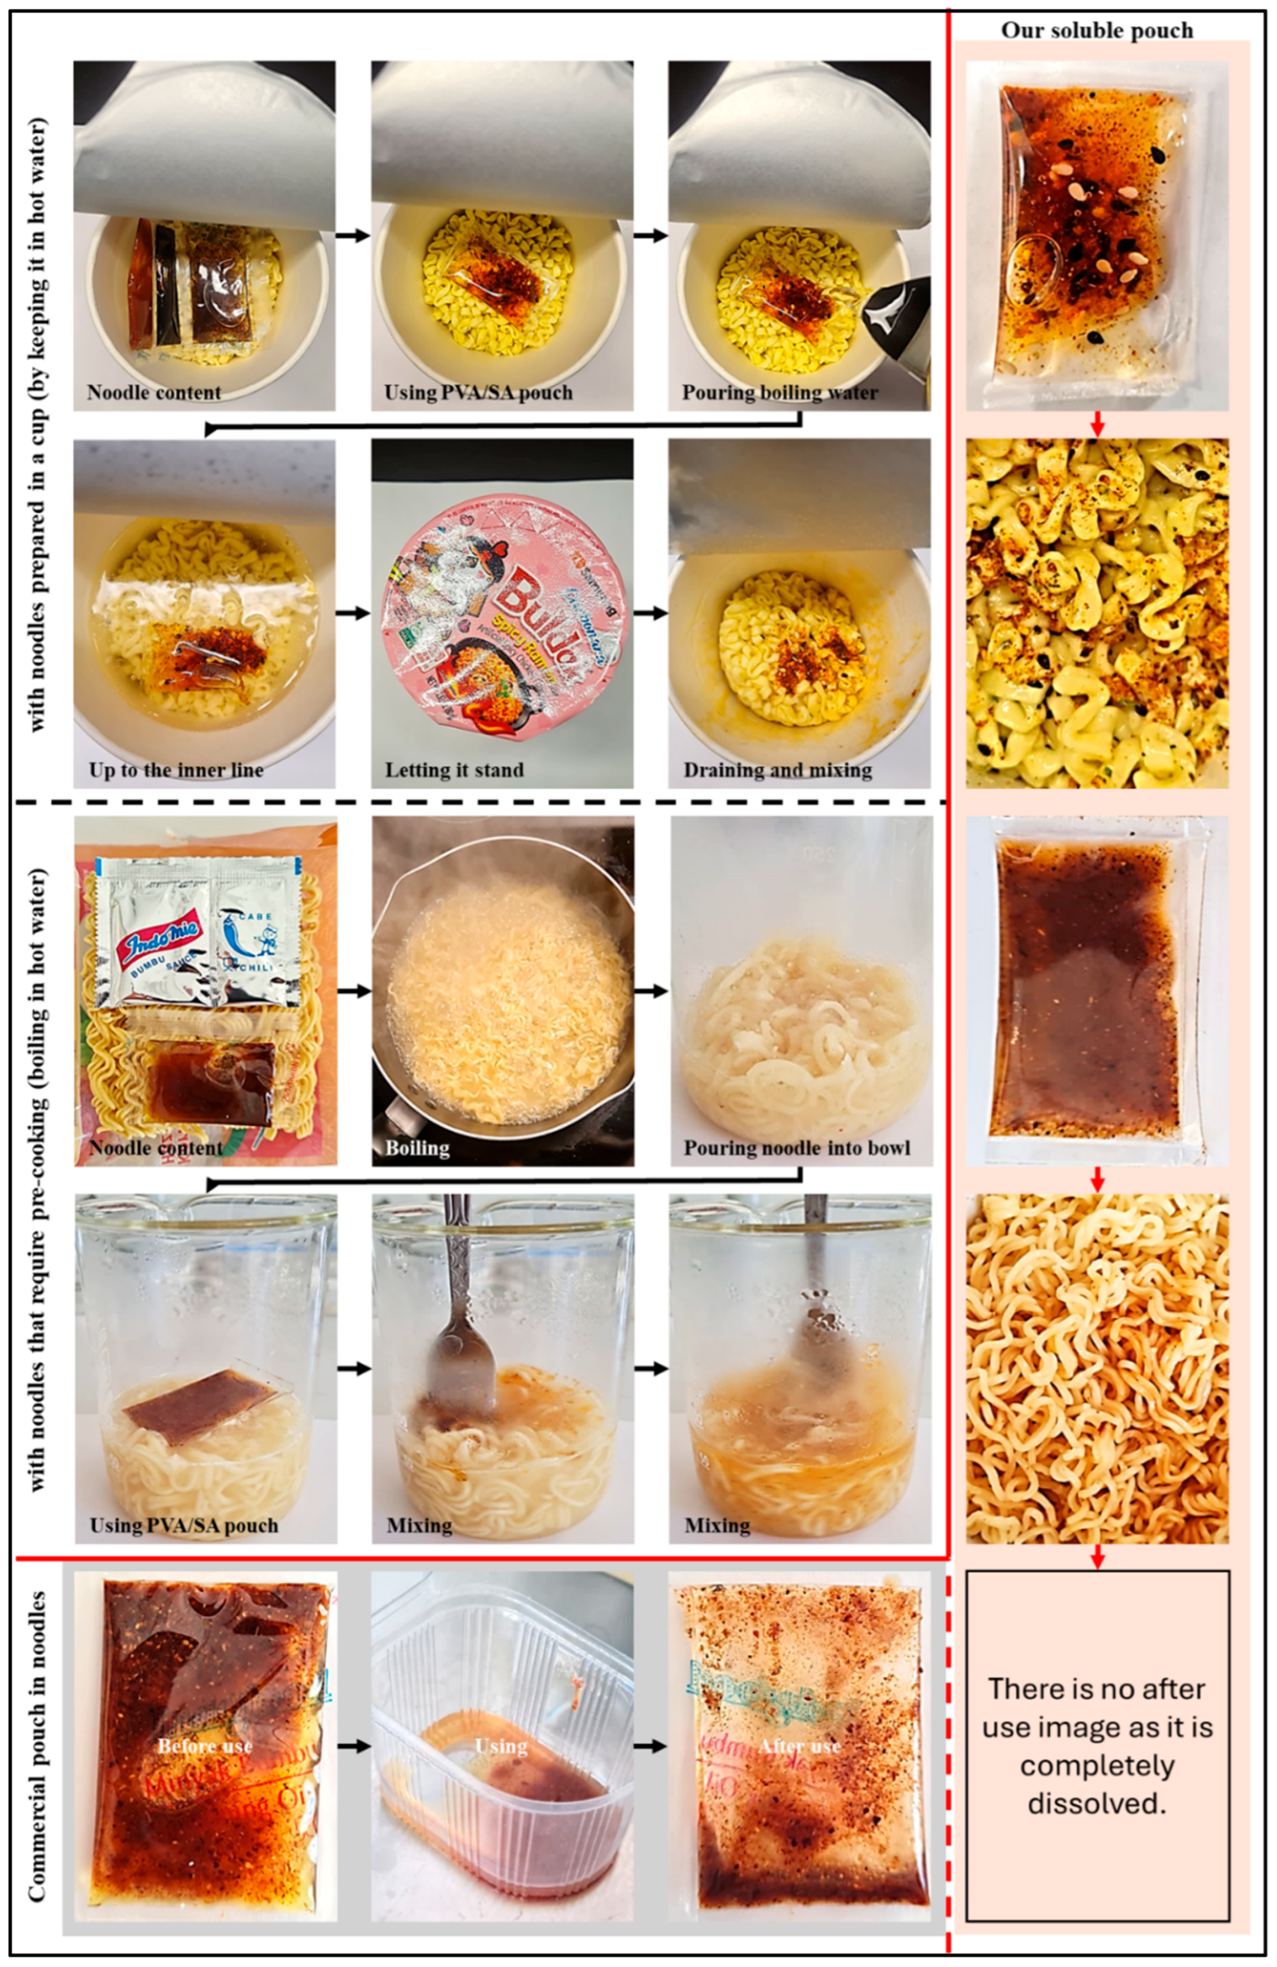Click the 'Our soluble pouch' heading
tap(1097, 31)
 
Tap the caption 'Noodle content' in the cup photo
tap(154, 393)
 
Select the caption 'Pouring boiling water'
tap(779, 393)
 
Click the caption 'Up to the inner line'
tap(176, 770)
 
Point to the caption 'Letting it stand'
tap(454, 770)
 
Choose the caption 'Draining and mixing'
tap(777, 770)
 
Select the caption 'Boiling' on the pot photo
tap(418, 1148)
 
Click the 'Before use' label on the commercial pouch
tap(205, 1746)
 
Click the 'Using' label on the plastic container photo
tap(501, 1746)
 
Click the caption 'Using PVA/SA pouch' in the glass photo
tap(183, 1525)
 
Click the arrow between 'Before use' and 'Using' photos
tap(353, 1746)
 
